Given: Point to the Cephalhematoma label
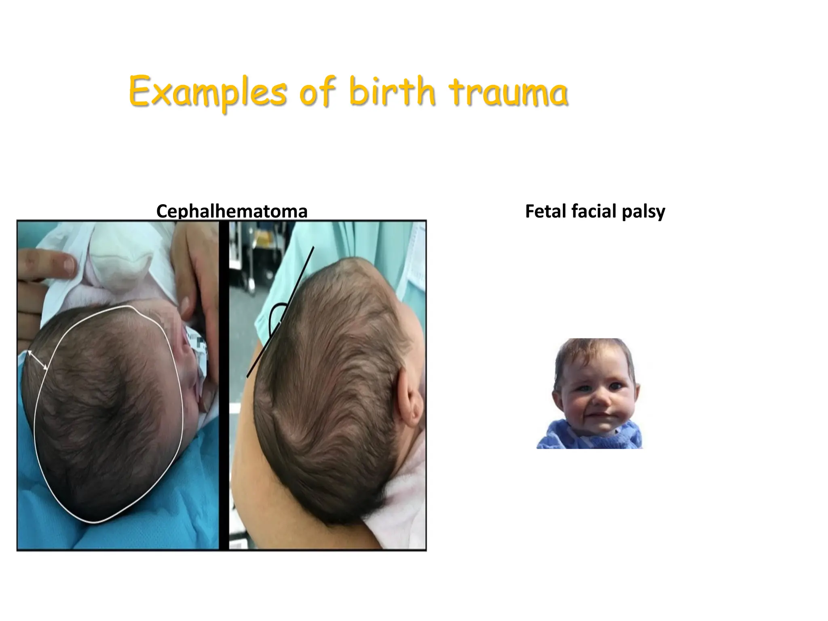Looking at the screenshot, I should click(x=232, y=211).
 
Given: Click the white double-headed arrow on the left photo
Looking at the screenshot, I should click(x=37, y=360).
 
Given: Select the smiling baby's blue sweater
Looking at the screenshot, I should click(x=566, y=439).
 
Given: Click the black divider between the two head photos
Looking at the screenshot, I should click(x=224, y=384).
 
